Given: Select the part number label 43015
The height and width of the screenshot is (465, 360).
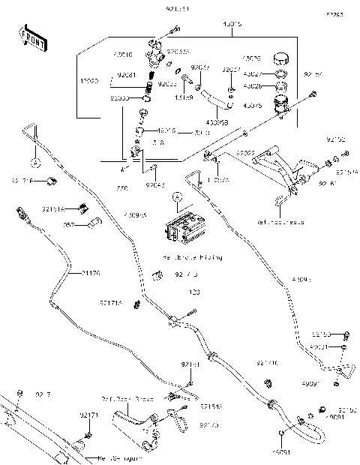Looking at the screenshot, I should tap(232, 24).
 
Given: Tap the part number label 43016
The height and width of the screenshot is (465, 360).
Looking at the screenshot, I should tap(142, 55).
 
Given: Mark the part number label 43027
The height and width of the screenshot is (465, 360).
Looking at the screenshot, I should tap(253, 74).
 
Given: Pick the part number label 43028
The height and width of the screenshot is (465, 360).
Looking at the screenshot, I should tap(253, 85).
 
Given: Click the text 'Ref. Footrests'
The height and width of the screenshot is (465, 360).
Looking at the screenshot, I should tap(280, 223).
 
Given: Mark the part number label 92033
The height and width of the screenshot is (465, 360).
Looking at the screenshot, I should tap(120, 97).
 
